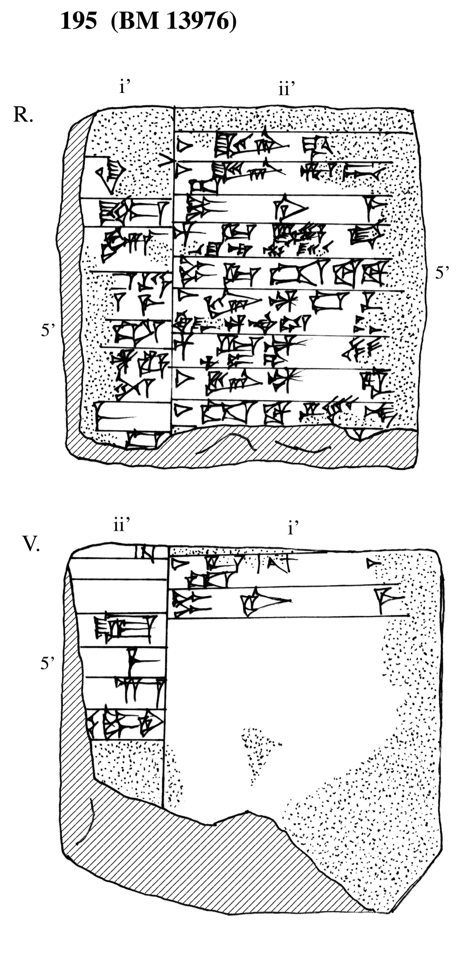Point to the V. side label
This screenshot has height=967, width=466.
tap(31, 544)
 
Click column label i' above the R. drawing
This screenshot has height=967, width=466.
tap(124, 87)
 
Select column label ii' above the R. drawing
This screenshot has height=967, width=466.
tap(286, 89)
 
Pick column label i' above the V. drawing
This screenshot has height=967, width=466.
tap(293, 528)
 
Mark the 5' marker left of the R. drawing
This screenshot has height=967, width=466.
tap(48, 330)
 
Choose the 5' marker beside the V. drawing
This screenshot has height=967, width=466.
tap(47, 663)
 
